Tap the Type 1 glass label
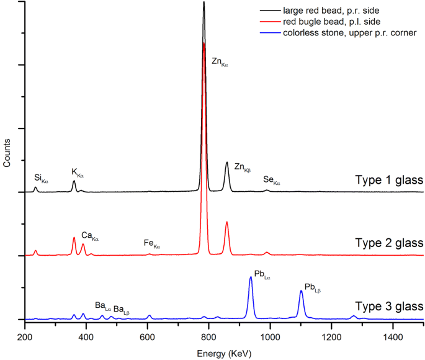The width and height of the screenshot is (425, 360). point(389,180)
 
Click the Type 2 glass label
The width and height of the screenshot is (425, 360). point(389,242)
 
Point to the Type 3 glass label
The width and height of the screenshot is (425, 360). point(389,306)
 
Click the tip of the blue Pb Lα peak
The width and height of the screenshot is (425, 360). point(251,277)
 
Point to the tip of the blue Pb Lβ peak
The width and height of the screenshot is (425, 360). point(301,290)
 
